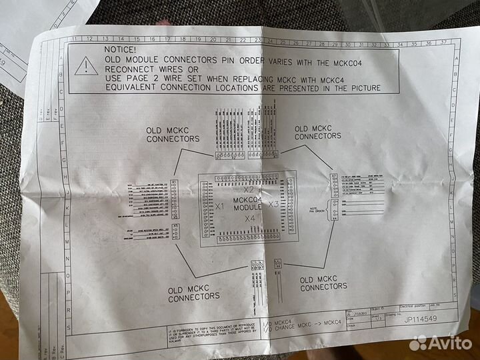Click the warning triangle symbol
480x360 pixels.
coord(86,65)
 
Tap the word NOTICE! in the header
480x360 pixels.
coord(120,50)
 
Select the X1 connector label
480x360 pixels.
coord(219,207)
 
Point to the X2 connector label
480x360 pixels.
coord(248,190)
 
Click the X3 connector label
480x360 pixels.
coord(273,204)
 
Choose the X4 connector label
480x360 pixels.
coord(250,218)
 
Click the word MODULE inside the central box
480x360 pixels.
coord(247,207)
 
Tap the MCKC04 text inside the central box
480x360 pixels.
coord(247,199)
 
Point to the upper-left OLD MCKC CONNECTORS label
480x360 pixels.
coord(173,134)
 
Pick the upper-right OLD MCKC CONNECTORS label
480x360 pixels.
coord(317,132)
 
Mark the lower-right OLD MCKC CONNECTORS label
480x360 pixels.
coord(323,283)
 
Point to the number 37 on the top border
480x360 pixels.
coord(444,43)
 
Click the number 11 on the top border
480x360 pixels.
coord(79,39)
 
